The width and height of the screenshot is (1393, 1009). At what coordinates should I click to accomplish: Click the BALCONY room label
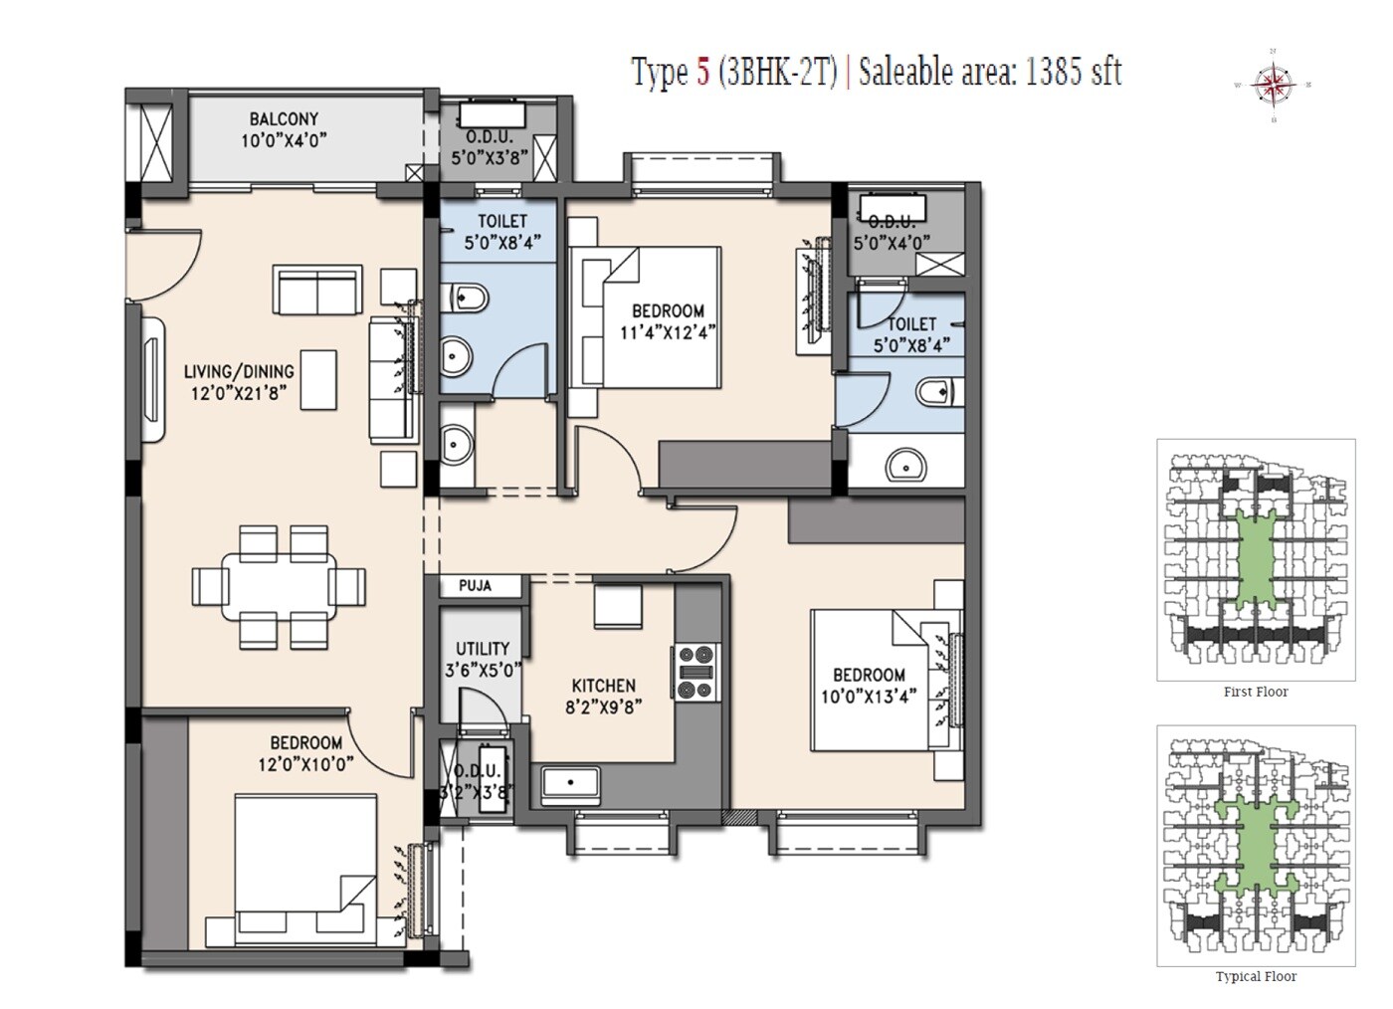284,119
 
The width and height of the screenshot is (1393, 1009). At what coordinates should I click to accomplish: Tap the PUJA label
475,586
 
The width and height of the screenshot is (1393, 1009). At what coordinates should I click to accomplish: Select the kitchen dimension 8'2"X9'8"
603,707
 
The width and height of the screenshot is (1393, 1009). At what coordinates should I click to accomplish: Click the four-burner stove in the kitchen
696,675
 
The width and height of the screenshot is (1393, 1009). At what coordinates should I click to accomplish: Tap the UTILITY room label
483,649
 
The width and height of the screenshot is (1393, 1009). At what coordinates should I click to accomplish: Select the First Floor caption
1256,692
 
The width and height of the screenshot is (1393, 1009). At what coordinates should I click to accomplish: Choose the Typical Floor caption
1256,976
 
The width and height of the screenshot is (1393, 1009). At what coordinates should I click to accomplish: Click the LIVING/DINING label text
239,372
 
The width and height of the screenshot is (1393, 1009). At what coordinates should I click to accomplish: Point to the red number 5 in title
702,73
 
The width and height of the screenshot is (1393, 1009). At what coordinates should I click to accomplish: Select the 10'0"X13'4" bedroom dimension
869,696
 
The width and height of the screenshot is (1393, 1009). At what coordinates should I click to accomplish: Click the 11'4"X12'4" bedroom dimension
669,332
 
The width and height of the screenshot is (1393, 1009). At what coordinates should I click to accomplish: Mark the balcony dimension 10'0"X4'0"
284,141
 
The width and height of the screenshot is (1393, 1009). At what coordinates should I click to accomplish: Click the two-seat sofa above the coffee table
317,291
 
